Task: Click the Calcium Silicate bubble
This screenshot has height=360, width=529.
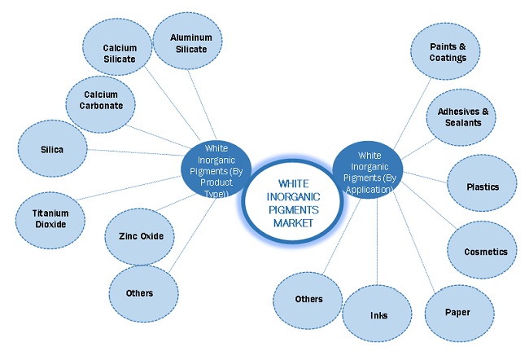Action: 119,53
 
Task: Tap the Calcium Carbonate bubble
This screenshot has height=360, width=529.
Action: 100,101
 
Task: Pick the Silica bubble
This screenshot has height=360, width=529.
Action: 51,150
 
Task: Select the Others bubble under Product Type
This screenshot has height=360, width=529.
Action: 139,292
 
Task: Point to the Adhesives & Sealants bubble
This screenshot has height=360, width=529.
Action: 460,116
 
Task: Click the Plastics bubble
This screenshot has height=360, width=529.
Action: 483,187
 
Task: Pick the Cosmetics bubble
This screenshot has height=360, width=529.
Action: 486,252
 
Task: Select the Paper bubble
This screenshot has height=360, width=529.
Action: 457,312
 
